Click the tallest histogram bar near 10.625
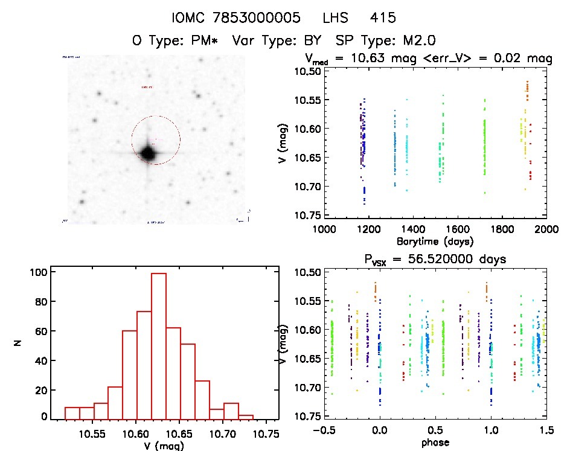159,345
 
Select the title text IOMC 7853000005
236,18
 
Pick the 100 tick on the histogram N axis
37,272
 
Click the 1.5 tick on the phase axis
545,430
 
